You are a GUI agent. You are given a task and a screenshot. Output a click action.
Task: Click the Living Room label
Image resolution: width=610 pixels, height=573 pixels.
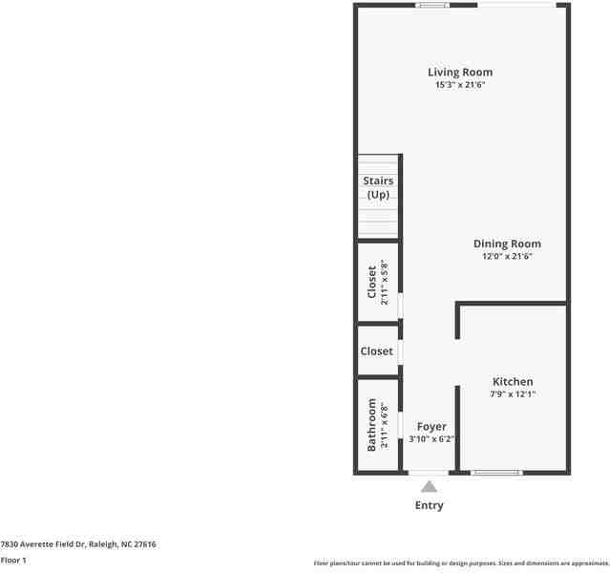pos(459,72)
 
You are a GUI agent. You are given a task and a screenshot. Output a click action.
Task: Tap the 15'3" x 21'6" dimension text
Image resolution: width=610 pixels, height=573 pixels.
pos(459,85)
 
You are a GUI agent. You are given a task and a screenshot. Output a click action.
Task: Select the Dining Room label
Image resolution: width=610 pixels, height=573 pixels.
pos(507,244)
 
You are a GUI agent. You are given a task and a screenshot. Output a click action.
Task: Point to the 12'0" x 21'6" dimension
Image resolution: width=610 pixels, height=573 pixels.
pos(507,256)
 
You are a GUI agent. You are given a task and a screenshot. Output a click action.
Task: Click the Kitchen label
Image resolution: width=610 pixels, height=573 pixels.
pos(513,382)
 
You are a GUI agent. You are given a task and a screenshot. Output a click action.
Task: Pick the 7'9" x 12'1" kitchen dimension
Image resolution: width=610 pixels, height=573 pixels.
pos(513,393)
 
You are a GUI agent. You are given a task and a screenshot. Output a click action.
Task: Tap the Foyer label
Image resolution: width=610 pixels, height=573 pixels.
pos(431,426)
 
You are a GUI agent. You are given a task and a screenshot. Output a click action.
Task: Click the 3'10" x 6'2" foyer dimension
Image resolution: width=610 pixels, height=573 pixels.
pos(431,439)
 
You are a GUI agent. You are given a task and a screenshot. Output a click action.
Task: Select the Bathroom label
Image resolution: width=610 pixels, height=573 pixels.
pos(372,425)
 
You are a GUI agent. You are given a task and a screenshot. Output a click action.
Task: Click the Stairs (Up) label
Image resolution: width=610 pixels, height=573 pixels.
pos(378,187)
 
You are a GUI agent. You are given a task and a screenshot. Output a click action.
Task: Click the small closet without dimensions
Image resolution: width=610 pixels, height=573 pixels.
pos(376,351)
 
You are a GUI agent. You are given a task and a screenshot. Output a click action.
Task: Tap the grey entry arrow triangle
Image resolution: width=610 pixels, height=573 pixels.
pos(430,486)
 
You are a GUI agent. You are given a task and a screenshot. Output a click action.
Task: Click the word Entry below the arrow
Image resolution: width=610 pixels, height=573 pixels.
pos(430,505)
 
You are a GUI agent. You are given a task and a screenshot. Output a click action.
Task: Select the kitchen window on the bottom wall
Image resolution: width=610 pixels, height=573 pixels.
pos(497,472)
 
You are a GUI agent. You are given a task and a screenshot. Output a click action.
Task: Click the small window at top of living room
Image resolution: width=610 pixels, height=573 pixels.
pos(432,5)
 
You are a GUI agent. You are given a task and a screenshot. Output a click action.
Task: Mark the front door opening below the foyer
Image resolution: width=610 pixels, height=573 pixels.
pos(429,472)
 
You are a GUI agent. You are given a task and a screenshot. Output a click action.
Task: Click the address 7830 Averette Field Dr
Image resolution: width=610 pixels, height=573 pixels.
pos(78,544)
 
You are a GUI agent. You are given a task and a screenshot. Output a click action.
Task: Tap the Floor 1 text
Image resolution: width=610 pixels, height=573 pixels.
pos(13,560)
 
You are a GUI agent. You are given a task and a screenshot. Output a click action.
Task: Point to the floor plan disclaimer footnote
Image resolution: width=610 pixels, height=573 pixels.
pos(461,563)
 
